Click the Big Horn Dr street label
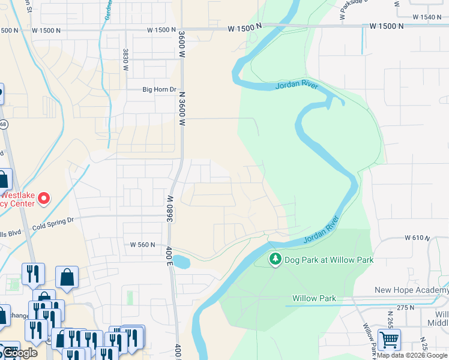coord(159,90)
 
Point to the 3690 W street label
coord(170,207)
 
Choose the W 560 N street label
coord(143,244)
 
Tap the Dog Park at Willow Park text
coord(329,260)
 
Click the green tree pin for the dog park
coord(275,259)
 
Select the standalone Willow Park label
coord(314,298)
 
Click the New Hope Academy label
coord(411,290)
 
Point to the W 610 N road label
coord(417,238)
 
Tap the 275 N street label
coord(405,307)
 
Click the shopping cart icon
coord(389,340)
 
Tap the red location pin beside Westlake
coord(43,197)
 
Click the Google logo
coord(19,353)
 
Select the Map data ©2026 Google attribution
coord(412,356)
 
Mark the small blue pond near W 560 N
coord(182,262)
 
